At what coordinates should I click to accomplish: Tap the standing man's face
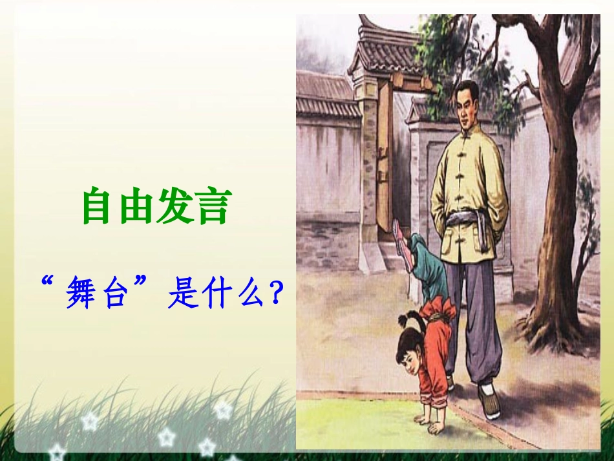tap(466, 103)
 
